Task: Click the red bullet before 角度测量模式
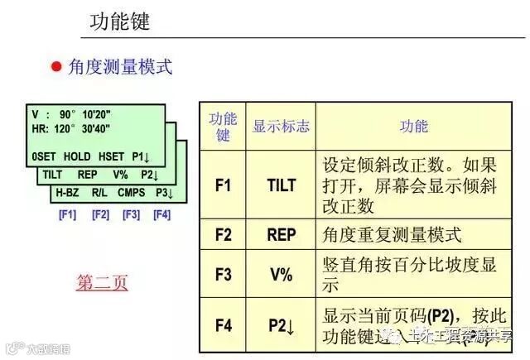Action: pos(57,67)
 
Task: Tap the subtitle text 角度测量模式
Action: pos(121,67)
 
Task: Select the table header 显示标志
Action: pos(281,127)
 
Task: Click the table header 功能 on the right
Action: pos(413,126)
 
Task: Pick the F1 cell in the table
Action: pos(223,185)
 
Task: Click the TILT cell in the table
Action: pos(281,185)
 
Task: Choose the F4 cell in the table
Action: pos(223,324)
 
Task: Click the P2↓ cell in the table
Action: pos(282,324)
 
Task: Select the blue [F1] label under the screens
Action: pos(67,214)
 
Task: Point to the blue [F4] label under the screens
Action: pos(161,214)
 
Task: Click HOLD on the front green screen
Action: pos(77,156)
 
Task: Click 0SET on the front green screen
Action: pos(44,156)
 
